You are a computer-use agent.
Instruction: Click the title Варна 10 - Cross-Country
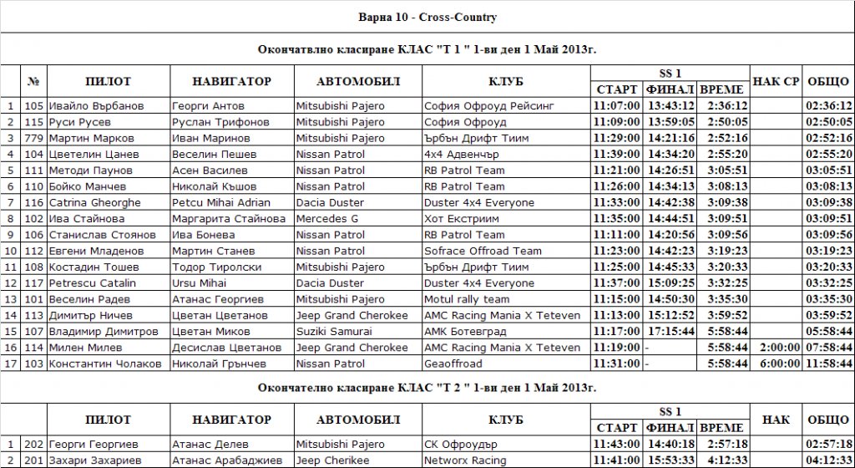[427, 17]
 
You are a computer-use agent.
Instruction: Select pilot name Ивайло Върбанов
[96, 106]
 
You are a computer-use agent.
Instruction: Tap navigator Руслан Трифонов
[211, 122]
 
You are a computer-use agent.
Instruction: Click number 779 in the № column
[33, 138]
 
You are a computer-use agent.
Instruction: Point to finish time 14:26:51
[670, 170]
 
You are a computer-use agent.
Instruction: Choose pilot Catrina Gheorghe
[90, 202]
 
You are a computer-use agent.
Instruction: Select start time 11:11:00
[616, 235]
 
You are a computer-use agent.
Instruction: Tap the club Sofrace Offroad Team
[483, 251]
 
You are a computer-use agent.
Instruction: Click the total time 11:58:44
[828, 364]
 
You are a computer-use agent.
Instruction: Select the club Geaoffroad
[453, 364]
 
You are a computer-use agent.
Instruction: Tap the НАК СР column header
[777, 81]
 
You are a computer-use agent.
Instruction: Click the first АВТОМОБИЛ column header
[359, 81]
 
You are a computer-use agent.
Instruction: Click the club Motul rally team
[467, 299]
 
